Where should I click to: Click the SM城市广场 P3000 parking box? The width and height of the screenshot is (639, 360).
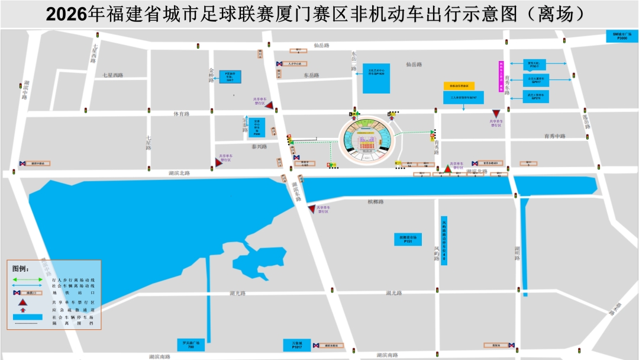pos(623,36)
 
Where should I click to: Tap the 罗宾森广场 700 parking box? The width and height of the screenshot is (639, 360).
pos(191,345)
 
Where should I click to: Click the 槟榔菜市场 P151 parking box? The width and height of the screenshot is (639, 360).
pos(408,239)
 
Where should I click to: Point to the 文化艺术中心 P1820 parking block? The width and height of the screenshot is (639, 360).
pos(377,77)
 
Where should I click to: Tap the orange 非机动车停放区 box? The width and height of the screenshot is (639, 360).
pos(459,86)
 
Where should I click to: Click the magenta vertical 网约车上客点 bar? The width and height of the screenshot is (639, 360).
pos(501,77)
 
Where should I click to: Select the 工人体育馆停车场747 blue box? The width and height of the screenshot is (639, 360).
pos(463,97)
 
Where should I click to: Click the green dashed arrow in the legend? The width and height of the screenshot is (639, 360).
pos(28,279)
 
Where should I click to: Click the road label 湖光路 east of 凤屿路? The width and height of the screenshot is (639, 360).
pos(394,293)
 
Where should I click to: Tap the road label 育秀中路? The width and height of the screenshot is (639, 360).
pos(555,136)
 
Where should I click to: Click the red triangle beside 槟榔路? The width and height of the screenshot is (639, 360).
pos(312,209)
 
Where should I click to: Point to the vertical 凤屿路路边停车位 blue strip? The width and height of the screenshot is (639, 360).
pos(444,240)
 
